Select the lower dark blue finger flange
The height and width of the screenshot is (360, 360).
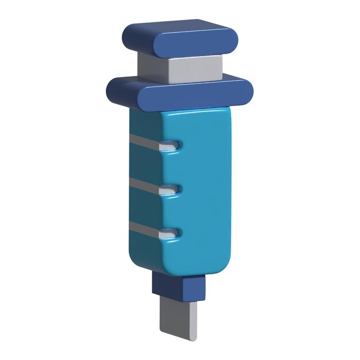point(180,91)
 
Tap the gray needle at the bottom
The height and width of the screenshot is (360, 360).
point(179,317)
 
